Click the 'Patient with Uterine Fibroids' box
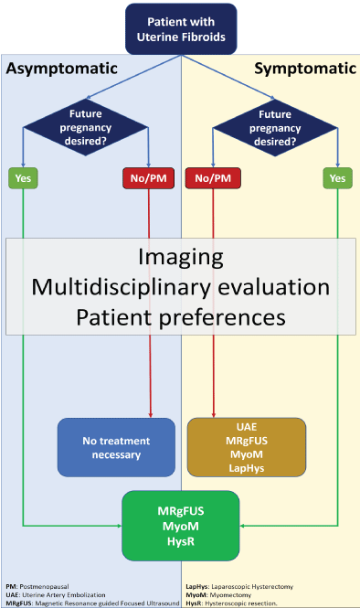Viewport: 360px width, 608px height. [181, 29]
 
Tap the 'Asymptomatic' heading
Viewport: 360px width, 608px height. [61, 69]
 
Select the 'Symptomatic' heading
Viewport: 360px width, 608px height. [305, 69]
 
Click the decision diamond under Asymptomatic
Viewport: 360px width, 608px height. [85, 127]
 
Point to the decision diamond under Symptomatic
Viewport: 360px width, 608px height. [275, 128]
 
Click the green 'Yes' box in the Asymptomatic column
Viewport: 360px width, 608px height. [23, 178]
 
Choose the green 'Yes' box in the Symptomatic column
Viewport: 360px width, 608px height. [337, 178]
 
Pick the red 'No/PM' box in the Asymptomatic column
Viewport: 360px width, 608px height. [148, 178]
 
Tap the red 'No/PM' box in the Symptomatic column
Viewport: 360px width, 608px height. [213, 178]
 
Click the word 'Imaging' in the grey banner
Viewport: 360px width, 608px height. [181, 257]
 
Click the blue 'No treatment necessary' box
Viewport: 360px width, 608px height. [116, 447]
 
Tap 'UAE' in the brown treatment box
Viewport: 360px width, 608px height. [247, 427]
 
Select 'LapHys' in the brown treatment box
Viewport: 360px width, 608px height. [247, 468]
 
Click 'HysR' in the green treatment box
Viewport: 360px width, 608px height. [181, 541]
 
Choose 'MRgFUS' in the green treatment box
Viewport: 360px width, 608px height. [181, 511]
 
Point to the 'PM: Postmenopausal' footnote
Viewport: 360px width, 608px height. [37, 586]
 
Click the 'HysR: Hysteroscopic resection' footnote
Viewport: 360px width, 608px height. [232, 603]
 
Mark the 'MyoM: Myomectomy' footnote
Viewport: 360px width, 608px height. [218, 595]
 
